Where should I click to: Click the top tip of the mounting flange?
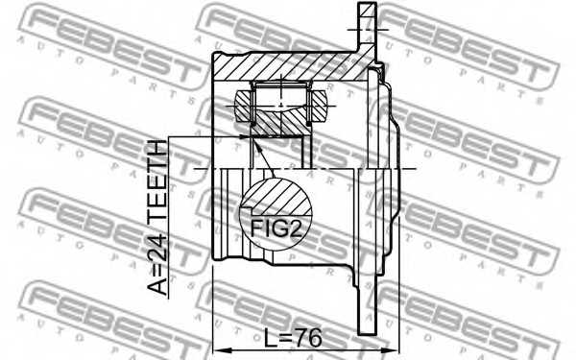(366, 8)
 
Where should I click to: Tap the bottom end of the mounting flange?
(366, 331)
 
